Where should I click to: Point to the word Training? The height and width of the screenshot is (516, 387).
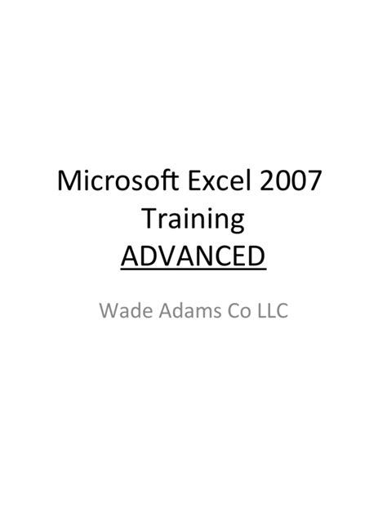[193, 220]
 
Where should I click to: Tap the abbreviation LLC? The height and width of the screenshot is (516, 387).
[272, 311]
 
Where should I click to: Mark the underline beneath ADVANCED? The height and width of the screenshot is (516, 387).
[193, 270]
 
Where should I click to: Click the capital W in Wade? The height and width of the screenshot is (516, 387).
[109, 311]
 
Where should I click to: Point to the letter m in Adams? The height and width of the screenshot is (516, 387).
[198, 313]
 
